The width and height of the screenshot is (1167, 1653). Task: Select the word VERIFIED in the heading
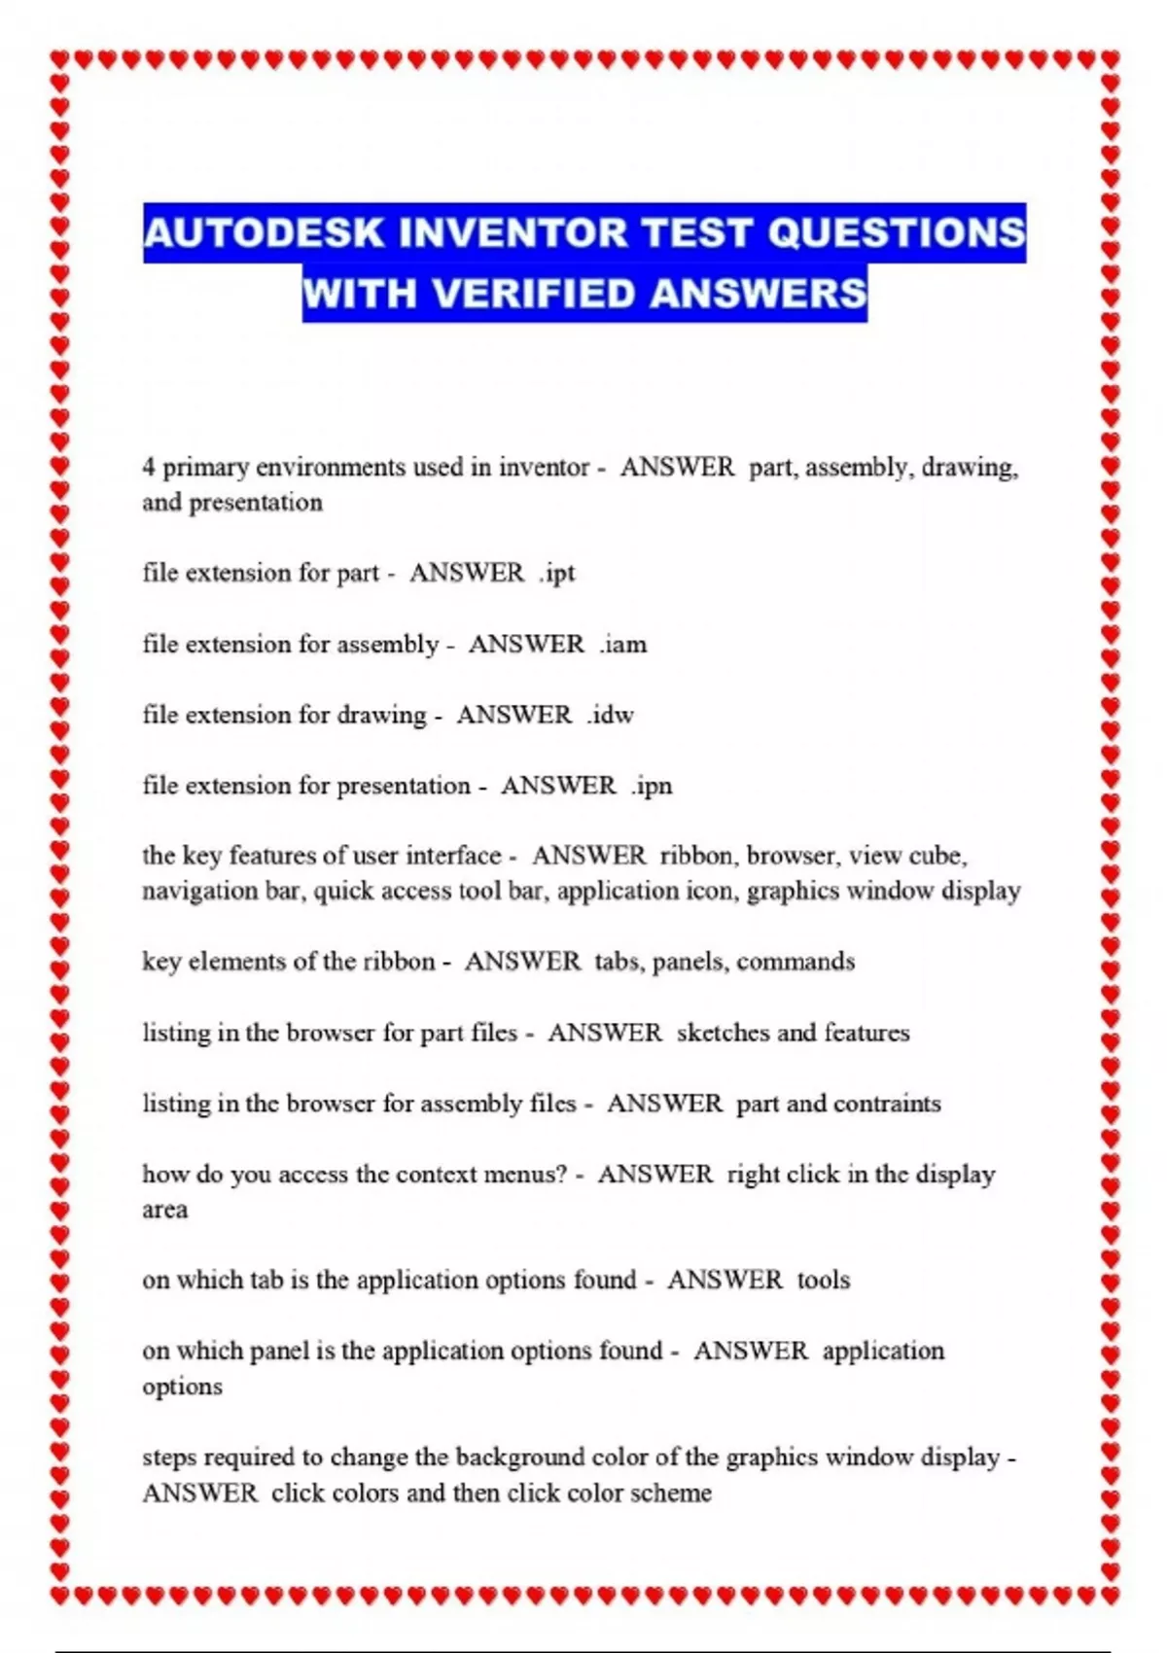coord(534,293)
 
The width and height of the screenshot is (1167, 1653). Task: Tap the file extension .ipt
coord(558,573)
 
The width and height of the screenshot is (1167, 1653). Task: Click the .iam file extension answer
coord(623,644)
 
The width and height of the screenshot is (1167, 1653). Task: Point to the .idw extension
coord(611,715)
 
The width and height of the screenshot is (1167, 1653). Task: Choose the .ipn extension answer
coord(652,786)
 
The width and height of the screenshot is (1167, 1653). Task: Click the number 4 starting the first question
coord(149,468)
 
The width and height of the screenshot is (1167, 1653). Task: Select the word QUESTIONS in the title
coord(897,233)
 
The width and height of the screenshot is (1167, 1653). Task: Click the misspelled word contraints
coord(887,1104)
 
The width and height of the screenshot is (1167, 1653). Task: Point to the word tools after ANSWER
coord(824,1280)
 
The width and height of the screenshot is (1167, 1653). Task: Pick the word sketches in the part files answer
coord(723,1033)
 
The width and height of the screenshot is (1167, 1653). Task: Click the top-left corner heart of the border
coord(60,60)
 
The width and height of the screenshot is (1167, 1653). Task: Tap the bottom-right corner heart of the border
coord(1110,1596)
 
